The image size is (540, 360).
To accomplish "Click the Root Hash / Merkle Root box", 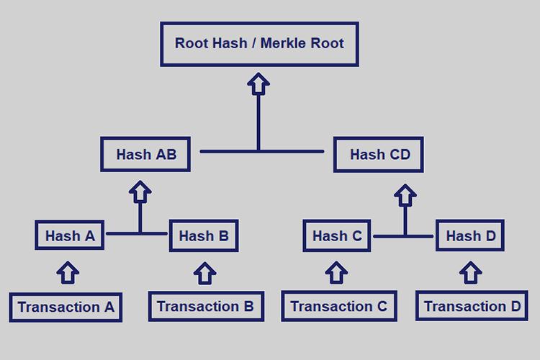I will (259, 44).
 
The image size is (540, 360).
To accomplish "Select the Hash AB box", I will (145, 154).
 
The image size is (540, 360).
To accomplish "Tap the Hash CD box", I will (379, 154).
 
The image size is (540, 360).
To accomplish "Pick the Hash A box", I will (70, 236).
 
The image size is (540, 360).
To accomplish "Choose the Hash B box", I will (204, 236).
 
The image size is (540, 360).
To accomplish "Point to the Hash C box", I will (337, 236).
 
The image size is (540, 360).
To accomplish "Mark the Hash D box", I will (470, 236).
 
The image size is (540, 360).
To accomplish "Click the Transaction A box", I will (66, 307).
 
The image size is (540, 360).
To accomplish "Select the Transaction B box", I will (205, 307).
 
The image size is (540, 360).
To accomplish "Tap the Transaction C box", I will (338, 307).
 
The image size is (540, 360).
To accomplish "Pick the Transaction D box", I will (472, 307).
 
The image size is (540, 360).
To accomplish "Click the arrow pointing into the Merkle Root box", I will (258, 85).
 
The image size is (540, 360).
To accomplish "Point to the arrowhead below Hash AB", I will (141, 192).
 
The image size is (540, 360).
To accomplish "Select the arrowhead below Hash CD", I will (406, 194).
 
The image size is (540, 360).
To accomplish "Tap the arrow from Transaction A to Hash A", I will (68, 272).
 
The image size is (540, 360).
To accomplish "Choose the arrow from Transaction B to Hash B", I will (205, 272).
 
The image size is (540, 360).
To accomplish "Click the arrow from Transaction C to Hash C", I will (336, 272).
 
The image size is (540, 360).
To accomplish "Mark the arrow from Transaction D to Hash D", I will (471, 272).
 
